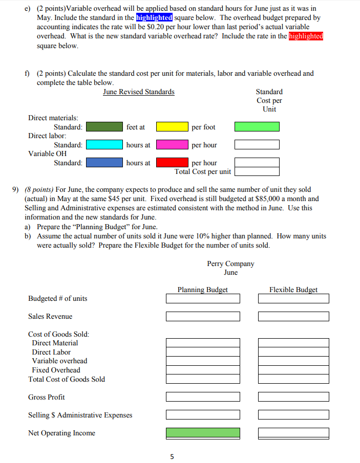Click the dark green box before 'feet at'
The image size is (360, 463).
(x=104, y=126)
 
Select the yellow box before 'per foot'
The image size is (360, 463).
(x=172, y=126)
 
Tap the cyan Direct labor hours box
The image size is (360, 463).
(x=104, y=145)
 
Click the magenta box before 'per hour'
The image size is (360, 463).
(x=172, y=145)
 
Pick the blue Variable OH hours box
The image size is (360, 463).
(x=104, y=163)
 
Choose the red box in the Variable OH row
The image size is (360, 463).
(x=172, y=163)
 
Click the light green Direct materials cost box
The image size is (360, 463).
(x=257, y=126)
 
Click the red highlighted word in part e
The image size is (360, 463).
(x=306, y=36)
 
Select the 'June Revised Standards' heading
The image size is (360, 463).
(x=138, y=92)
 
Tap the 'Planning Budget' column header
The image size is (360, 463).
(x=202, y=290)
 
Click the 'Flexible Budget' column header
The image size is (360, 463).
(x=293, y=290)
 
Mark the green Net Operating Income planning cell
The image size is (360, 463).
(x=203, y=433)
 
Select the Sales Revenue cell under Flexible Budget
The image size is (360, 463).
(x=293, y=316)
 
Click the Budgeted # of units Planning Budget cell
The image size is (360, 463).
(x=203, y=298)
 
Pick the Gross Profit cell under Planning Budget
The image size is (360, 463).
(x=203, y=397)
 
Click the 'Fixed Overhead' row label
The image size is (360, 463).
(x=56, y=370)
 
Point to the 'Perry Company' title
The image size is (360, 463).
(x=230, y=263)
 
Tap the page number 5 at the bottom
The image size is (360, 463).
(x=172, y=456)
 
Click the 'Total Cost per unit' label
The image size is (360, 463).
(x=203, y=171)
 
